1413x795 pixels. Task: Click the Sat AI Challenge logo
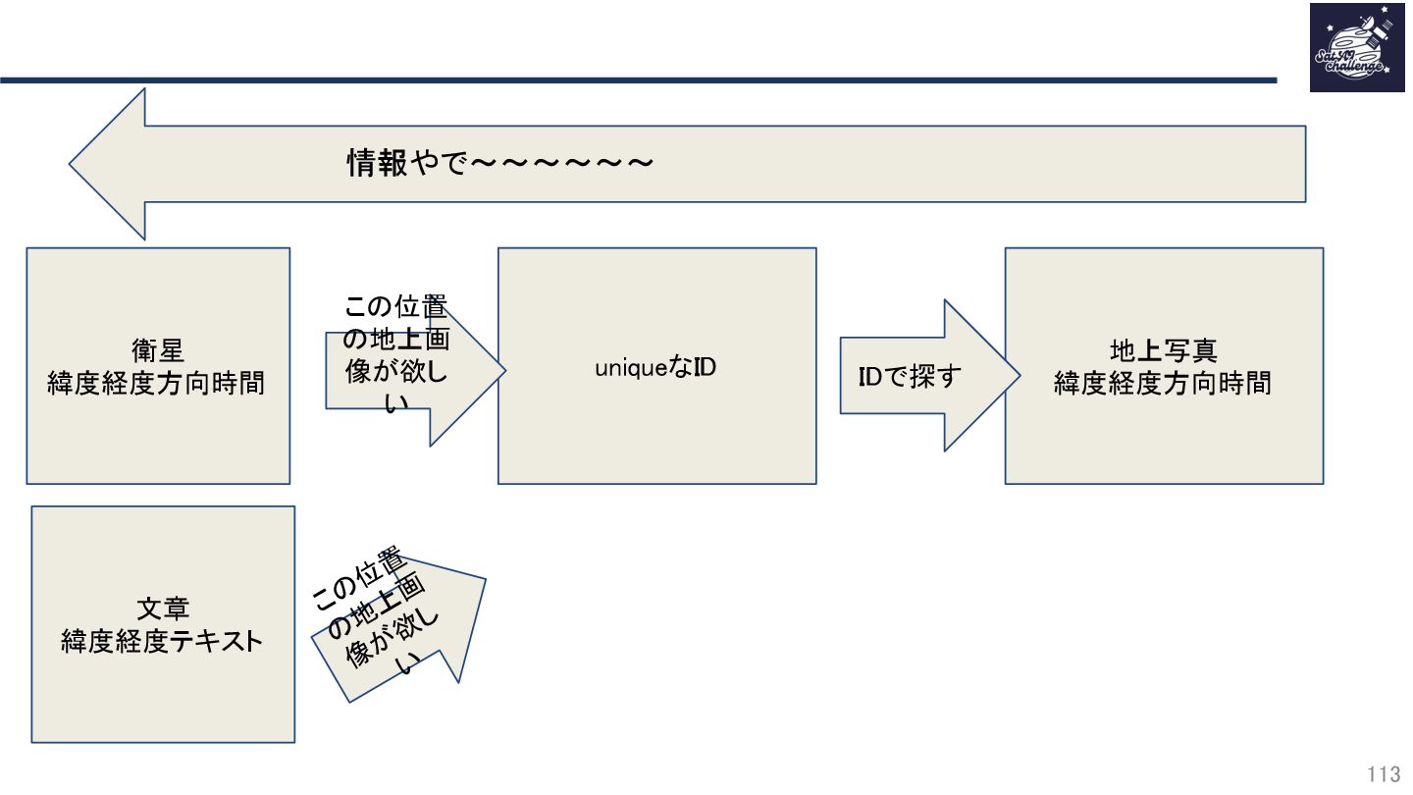[1356, 48]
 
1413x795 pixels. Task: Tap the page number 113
[1384, 775]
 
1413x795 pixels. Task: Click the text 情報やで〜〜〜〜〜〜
[500, 163]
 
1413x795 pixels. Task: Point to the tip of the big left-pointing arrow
[72, 164]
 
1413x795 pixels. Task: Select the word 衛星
[157, 350]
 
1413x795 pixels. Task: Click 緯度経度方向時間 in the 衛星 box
[157, 383]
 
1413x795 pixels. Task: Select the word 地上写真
[1163, 350]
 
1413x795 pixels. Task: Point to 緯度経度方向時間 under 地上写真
[1163, 383]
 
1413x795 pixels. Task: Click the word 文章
[162, 609]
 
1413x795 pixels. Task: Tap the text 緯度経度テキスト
[162, 642]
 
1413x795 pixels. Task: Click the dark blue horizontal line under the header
[638, 79]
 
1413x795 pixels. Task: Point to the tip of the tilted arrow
[484, 579]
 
